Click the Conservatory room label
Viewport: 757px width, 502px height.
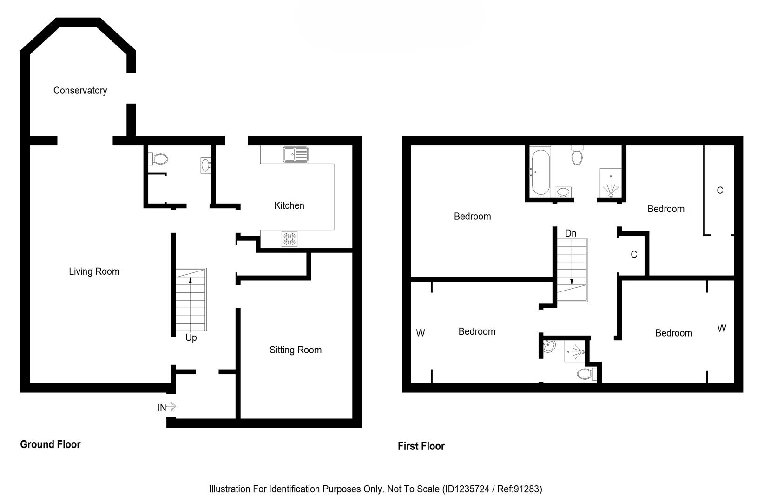point(80,91)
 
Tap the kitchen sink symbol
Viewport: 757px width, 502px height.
point(296,154)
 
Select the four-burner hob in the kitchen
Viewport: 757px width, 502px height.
point(290,239)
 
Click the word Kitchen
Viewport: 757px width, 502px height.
point(289,205)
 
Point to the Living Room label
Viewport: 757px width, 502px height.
point(94,271)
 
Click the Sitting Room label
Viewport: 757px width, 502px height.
point(296,350)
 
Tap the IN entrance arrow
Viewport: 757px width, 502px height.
point(166,407)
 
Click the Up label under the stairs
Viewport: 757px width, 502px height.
point(191,337)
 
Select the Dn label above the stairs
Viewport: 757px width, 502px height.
point(571,233)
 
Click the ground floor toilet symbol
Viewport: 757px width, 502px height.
point(159,159)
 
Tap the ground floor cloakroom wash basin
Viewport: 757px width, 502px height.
point(206,165)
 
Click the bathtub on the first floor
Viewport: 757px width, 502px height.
point(540,172)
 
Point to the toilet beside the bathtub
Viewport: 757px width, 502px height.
point(577,156)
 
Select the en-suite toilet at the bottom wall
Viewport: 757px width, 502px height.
point(586,374)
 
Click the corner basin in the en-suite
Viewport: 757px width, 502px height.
point(549,346)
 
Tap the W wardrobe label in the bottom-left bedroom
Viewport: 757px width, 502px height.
point(421,333)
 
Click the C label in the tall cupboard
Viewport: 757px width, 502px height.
point(720,190)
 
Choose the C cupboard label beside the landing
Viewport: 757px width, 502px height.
point(634,254)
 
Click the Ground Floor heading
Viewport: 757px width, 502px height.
point(50,444)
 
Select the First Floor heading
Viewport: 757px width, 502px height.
point(421,446)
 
